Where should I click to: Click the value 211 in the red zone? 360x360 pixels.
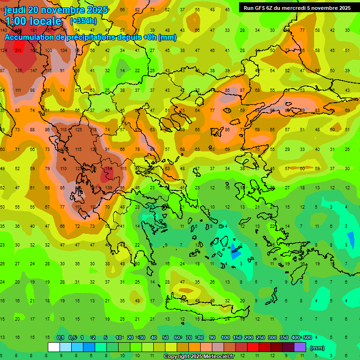point(19,50)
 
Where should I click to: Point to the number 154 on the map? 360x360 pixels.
point(109,168)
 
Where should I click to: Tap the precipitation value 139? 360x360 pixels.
point(109,187)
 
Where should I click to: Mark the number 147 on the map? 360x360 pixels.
point(34,70)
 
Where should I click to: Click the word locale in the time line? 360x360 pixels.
point(45,21)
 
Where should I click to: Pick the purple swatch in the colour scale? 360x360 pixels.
point(300,347)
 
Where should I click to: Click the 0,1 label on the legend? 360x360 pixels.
point(60,338)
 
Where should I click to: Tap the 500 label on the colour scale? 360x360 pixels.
point(307,338)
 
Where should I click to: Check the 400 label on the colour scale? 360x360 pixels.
point(295,338)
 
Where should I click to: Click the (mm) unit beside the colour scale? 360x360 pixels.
point(317,348)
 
